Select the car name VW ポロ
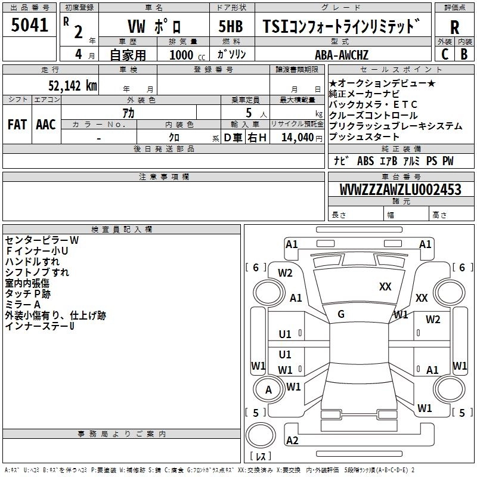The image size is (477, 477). [x=154, y=27]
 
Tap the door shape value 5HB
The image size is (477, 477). [x=230, y=27]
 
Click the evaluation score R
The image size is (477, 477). [x=454, y=27]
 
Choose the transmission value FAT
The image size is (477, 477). [x=17, y=125]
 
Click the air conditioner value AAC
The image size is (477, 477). [x=46, y=125]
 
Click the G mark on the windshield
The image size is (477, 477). [x=341, y=314]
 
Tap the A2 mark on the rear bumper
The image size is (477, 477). [x=292, y=441]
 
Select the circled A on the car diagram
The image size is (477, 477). [x=268, y=390]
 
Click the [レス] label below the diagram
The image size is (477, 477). [x=261, y=457]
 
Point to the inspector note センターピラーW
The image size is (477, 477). [x=42, y=240]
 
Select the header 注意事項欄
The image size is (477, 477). [x=164, y=177]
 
